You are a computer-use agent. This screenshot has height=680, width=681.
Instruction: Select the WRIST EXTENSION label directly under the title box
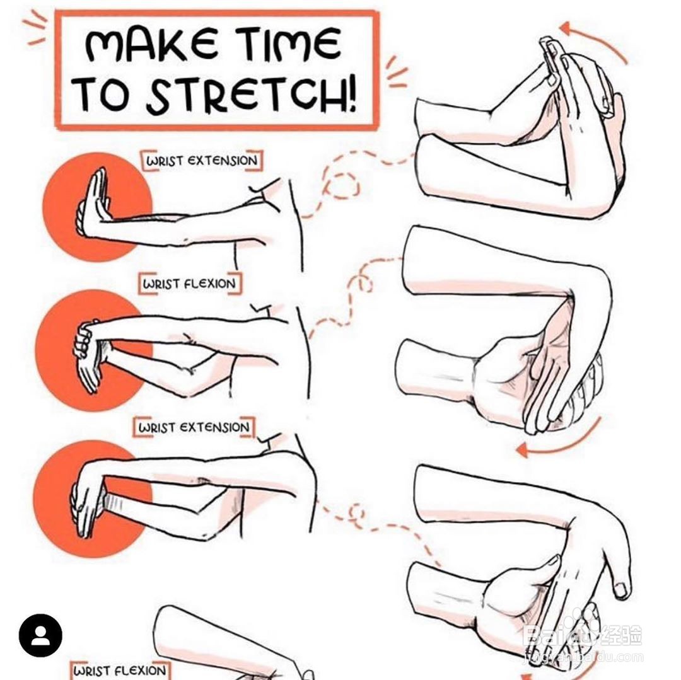(202, 161)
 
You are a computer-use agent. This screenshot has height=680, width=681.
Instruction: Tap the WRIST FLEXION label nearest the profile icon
(119, 670)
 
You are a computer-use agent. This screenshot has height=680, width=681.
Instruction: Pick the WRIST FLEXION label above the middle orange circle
(189, 284)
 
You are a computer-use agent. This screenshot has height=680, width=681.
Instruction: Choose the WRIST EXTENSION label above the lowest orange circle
(194, 427)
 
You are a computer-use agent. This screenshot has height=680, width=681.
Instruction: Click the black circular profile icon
(40, 635)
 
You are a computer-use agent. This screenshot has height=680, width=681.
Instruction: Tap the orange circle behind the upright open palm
(97, 207)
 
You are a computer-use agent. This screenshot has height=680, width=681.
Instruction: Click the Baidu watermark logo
(582, 636)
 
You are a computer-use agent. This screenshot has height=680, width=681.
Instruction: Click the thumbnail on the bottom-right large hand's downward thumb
(620, 589)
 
